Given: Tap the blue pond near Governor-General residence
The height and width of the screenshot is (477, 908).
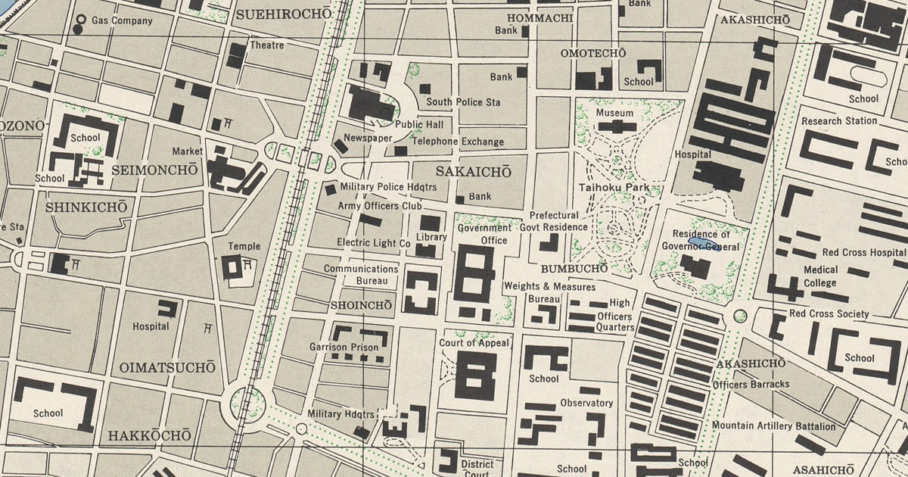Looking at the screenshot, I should pyautogui.click(x=698, y=244).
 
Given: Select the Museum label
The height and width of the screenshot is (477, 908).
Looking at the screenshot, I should pyautogui.click(x=614, y=113).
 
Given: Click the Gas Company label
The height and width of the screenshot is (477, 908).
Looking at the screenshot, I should pyautogui.click(x=121, y=20).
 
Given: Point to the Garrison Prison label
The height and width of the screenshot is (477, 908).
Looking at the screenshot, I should pyautogui.click(x=344, y=348).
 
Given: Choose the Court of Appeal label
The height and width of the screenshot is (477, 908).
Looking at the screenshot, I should pyautogui.click(x=474, y=343).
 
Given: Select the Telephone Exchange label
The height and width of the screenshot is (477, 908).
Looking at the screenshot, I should pyautogui.click(x=458, y=142).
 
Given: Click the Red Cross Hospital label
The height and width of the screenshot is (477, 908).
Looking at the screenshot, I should pyautogui.click(x=863, y=252).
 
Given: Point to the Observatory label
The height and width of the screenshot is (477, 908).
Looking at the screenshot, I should pyautogui.click(x=586, y=403).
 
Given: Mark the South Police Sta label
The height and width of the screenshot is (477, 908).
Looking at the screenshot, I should pyautogui.click(x=463, y=102).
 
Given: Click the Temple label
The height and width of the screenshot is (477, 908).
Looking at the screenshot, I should pyautogui.click(x=244, y=246).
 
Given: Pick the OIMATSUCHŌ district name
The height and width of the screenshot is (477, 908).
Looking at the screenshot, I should pyautogui.click(x=167, y=368).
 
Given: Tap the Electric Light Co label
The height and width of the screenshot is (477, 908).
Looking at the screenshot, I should pyautogui.click(x=374, y=243).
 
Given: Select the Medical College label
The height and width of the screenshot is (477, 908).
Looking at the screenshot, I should pyautogui.click(x=820, y=276).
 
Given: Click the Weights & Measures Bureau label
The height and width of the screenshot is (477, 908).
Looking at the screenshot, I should pyautogui.click(x=549, y=293).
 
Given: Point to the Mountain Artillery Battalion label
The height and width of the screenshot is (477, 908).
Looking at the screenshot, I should pyautogui.click(x=773, y=426).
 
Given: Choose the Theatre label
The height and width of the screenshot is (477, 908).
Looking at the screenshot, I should pyautogui.click(x=266, y=45).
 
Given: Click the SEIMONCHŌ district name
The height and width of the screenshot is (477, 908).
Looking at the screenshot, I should pyautogui.click(x=154, y=171).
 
